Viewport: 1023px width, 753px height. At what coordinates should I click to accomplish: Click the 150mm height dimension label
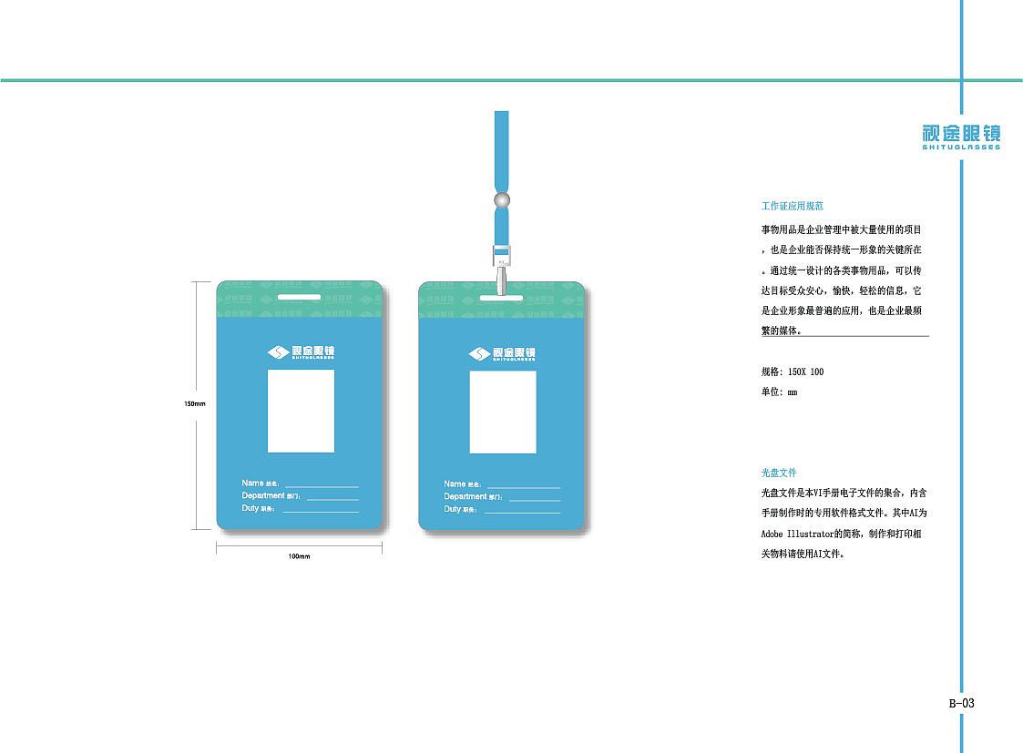195,403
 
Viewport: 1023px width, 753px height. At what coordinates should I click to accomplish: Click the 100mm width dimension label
299,555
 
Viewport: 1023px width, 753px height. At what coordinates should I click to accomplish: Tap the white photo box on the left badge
301,411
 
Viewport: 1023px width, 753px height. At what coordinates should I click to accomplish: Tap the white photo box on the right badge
503,412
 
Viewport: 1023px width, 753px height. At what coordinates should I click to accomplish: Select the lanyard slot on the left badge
300,298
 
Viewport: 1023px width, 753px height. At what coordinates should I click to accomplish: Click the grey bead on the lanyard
501,199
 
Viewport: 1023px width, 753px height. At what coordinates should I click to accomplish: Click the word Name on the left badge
251,483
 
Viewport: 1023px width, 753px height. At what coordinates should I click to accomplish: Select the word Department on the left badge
262,495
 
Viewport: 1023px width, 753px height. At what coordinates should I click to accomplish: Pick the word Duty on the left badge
251,508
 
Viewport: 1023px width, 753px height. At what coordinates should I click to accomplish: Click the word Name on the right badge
455,483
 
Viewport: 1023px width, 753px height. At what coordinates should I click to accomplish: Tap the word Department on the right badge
465,496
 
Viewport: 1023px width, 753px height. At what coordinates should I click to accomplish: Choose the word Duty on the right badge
453,509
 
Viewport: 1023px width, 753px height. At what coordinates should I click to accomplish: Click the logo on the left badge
301,353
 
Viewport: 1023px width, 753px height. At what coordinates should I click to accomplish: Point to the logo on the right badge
502,353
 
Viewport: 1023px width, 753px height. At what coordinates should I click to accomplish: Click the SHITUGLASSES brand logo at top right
960,137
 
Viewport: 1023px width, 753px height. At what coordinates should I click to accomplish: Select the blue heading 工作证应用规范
793,207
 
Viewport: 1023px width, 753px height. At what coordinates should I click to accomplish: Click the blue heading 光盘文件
779,473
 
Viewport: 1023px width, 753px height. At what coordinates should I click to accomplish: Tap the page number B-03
962,703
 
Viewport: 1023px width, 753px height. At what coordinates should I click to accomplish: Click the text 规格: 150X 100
793,371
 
